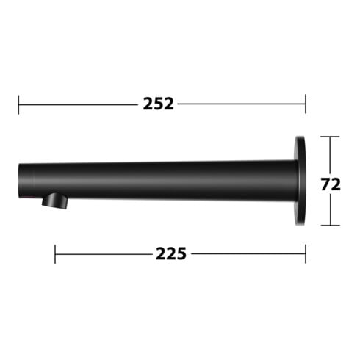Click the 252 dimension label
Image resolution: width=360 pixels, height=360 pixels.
pos(158,104)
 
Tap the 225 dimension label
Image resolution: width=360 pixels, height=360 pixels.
pos(171,253)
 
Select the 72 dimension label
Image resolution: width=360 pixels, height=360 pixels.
pos(331,184)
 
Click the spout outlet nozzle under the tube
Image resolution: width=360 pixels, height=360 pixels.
pos(54,201)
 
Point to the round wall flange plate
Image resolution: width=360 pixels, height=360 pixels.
pos(300,181)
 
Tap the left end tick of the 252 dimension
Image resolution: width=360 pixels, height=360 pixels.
pos(18,104)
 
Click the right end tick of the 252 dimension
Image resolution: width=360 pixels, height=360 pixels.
pos(306,104)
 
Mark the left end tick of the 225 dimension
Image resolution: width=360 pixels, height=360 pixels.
pos(55,254)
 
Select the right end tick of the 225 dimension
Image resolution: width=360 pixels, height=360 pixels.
pos(306,253)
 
